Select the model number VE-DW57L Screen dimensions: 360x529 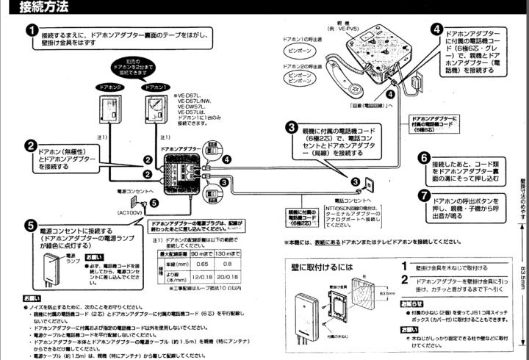(x=189, y=106)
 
